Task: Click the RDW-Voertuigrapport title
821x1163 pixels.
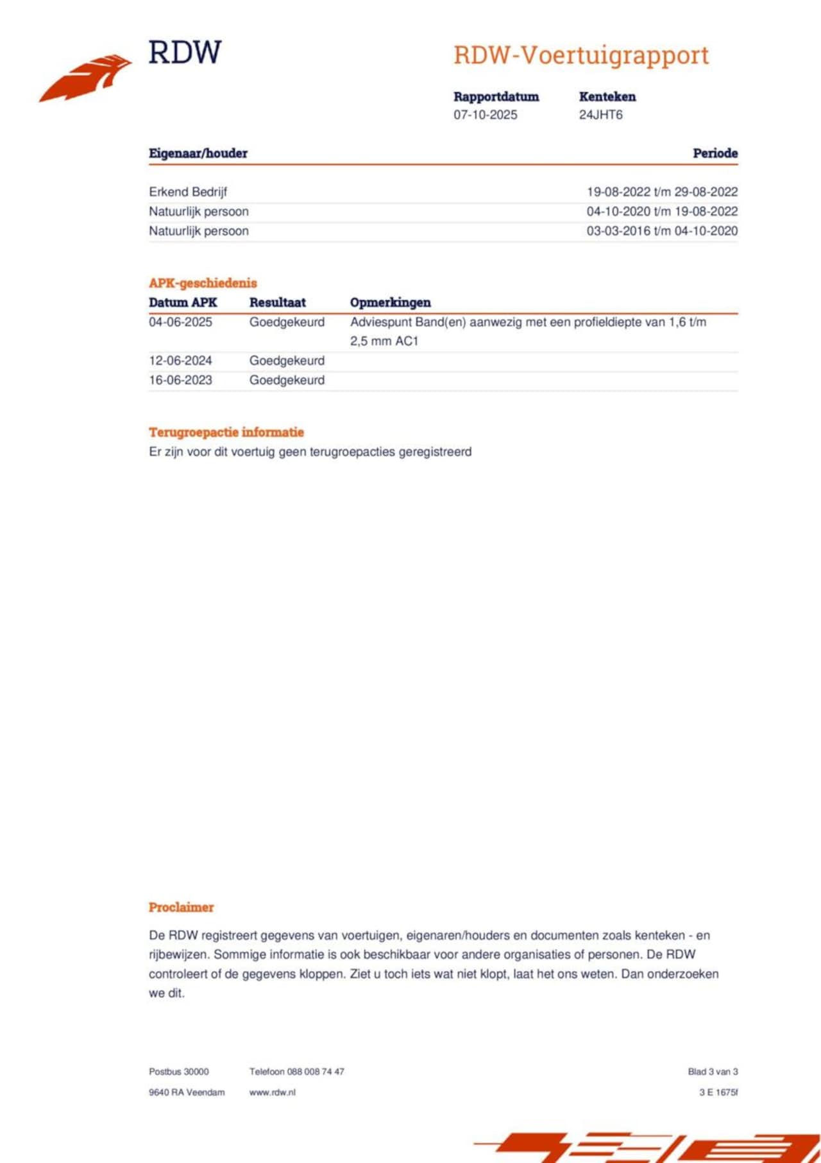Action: click(x=581, y=55)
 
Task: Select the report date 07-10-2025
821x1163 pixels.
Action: click(x=485, y=115)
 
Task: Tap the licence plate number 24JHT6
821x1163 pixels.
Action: click(x=600, y=115)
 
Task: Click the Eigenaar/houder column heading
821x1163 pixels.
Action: click(x=198, y=153)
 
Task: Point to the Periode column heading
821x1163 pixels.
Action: click(x=715, y=153)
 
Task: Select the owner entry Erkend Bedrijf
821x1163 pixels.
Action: click(x=188, y=192)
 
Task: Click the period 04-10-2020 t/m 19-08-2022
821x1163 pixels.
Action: click(x=661, y=211)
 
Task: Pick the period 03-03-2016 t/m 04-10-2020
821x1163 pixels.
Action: click(x=661, y=231)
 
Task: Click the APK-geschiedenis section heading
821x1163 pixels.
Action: click(x=203, y=283)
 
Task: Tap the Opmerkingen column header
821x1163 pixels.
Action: click(x=390, y=302)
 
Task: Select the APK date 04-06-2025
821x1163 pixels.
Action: click(x=180, y=322)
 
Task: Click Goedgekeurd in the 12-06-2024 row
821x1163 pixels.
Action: click(x=287, y=361)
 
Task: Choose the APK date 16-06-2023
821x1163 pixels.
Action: click(x=180, y=380)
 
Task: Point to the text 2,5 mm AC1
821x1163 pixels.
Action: click(x=384, y=341)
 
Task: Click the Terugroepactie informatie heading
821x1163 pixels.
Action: click(x=226, y=432)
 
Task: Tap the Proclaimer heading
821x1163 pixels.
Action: click(x=181, y=908)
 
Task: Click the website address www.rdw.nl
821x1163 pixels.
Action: click(x=272, y=1092)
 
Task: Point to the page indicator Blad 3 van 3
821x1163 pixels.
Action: click(x=713, y=1071)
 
